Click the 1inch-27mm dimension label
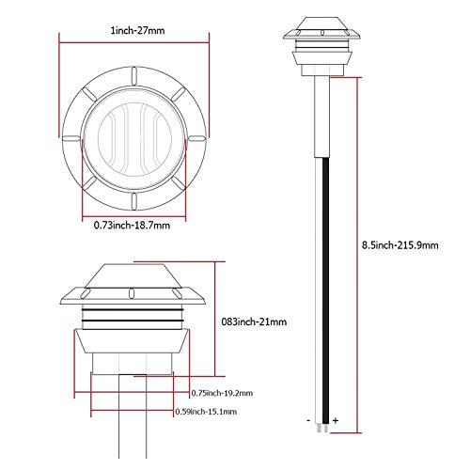tap(137, 31)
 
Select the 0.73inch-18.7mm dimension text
tap(132, 225)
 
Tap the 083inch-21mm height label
tap(254, 321)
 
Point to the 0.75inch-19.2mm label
tap(222, 393)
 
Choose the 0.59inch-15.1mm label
tap(206, 412)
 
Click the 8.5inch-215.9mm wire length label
tap(400, 245)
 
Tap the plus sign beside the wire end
tap(336, 420)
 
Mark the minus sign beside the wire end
tap(309, 420)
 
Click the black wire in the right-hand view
tap(326, 291)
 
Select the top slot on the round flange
tap(134, 76)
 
